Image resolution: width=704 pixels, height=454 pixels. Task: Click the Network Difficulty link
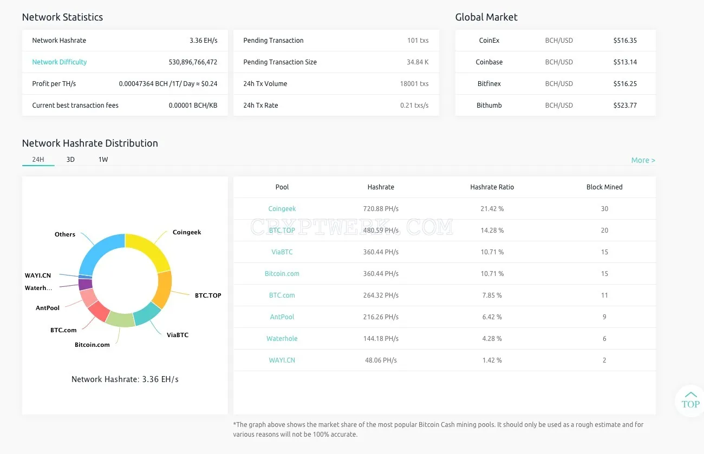60,62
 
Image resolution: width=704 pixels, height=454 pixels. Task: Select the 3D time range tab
70,160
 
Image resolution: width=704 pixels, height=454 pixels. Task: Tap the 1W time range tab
103,160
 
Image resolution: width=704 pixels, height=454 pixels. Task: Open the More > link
643,160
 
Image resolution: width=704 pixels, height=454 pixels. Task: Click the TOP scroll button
690,400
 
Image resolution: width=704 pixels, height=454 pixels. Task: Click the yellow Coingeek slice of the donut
149,249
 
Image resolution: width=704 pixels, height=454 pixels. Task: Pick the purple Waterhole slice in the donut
85,285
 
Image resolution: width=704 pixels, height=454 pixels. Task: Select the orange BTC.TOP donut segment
164,289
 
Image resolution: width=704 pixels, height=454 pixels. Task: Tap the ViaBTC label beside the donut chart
178,335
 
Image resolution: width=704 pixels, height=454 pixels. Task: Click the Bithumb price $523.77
625,105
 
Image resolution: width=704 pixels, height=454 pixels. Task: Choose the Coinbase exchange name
489,62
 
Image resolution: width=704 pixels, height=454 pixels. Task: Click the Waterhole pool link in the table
282,338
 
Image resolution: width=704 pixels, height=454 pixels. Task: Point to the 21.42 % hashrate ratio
492,209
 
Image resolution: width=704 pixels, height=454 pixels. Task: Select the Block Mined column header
604,187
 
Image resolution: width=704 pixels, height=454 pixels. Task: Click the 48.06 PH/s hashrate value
381,360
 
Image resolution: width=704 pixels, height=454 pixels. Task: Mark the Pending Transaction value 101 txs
418,40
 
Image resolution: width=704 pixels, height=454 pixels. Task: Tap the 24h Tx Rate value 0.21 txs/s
414,105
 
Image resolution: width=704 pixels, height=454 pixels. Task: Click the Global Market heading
486,17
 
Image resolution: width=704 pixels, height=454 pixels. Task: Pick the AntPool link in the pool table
282,317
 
